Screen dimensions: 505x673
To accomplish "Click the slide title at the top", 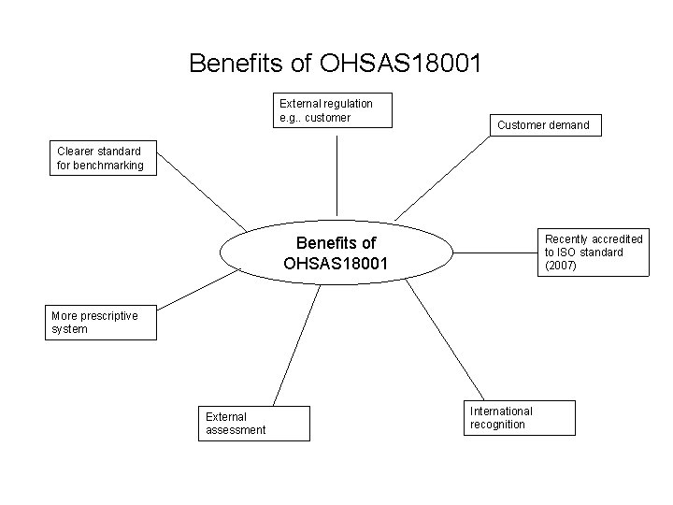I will pos(336,64).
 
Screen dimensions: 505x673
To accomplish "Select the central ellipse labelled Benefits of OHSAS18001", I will pos(336,253).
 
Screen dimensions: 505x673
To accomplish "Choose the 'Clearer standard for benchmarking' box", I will pos(104,158).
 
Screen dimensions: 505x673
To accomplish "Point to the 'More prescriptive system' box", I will pos(101,323).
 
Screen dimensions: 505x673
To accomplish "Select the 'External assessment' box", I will pos(255,423).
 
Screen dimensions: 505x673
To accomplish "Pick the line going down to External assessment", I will pos(296,345).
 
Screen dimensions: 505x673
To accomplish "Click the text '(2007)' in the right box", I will pos(561,266).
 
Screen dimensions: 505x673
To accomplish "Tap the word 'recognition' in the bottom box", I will pos(497,425).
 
